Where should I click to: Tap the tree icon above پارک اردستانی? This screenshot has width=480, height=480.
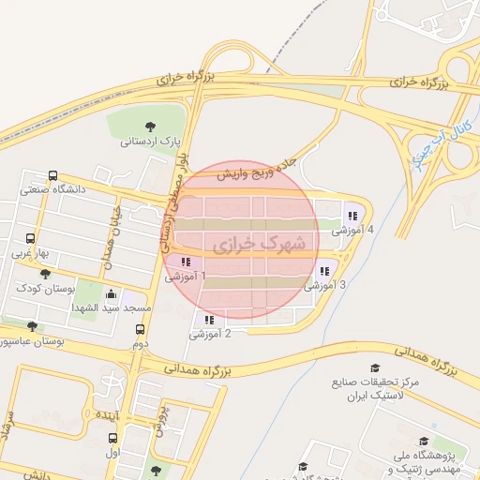(x=150, y=127)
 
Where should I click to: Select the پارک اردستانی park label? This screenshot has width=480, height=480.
(x=149, y=142)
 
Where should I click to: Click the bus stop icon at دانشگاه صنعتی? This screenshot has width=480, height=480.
(x=53, y=174)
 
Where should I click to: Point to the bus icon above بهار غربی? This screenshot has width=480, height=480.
(x=30, y=238)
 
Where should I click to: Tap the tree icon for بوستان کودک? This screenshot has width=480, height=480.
(x=45, y=273)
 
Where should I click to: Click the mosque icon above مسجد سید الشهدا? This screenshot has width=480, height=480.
(x=111, y=292)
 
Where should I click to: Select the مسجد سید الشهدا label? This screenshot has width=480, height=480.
(x=111, y=307)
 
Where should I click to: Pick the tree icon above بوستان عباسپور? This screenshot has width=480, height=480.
(x=33, y=326)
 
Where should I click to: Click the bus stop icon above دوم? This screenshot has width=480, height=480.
(x=141, y=330)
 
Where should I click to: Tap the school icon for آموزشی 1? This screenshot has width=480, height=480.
(x=186, y=262)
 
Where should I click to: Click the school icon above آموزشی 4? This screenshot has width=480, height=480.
(x=352, y=216)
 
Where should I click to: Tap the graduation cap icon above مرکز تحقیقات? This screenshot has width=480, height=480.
(x=376, y=368)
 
